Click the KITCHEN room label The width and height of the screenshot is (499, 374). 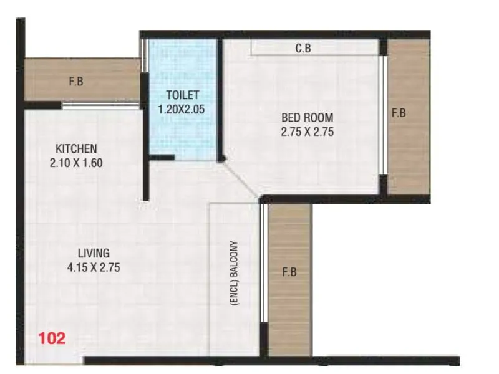[76, 149]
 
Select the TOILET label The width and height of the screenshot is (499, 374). [182, 95]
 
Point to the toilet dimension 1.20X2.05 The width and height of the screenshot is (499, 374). [182, 109]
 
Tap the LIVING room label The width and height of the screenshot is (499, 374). [94, 253]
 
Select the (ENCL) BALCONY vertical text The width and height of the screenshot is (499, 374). [235, 272]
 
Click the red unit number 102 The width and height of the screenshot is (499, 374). [52, 339]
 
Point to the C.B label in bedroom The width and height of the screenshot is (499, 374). [303, 48]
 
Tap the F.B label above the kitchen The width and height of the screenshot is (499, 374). [77, 80]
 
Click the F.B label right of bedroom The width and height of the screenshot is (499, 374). [399, 113]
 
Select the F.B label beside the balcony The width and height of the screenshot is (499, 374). [289, 272]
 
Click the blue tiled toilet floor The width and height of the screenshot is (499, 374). [182, 134]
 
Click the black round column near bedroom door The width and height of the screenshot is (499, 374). [220, 160]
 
